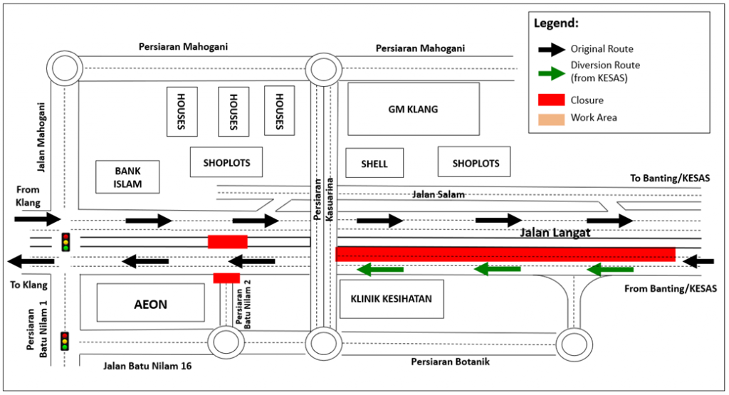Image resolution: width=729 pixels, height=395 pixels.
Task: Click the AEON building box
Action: tap(150, 304)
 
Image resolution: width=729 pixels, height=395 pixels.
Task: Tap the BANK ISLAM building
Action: tap(128, 177)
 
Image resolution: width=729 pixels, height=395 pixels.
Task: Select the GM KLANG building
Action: tap(413, 109)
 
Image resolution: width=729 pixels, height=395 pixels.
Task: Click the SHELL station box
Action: tap(374, 163)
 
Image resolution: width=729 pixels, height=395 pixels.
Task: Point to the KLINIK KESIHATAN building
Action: tap(392, 299)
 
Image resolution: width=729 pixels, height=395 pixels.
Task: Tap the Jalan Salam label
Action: tap(438, 194)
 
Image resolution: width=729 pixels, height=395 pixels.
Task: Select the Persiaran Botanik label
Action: tap(450, 362)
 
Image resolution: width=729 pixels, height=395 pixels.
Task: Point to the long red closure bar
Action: tap(505, 254)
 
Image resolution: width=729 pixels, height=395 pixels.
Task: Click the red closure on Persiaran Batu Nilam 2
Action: tap(226, 278)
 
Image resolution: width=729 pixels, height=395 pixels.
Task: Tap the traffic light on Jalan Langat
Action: tap(66, 241)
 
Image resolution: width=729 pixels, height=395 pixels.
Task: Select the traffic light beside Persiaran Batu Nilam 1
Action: tap(65, 340)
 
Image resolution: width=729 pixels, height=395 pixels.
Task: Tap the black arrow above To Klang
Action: tap(31, 261)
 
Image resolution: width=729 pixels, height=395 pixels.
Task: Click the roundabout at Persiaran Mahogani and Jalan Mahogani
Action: tap(65, 70)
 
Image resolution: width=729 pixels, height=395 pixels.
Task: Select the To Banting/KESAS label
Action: tap(670, 178)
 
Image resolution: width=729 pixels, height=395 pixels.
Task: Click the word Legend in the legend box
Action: tap(556, 23)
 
